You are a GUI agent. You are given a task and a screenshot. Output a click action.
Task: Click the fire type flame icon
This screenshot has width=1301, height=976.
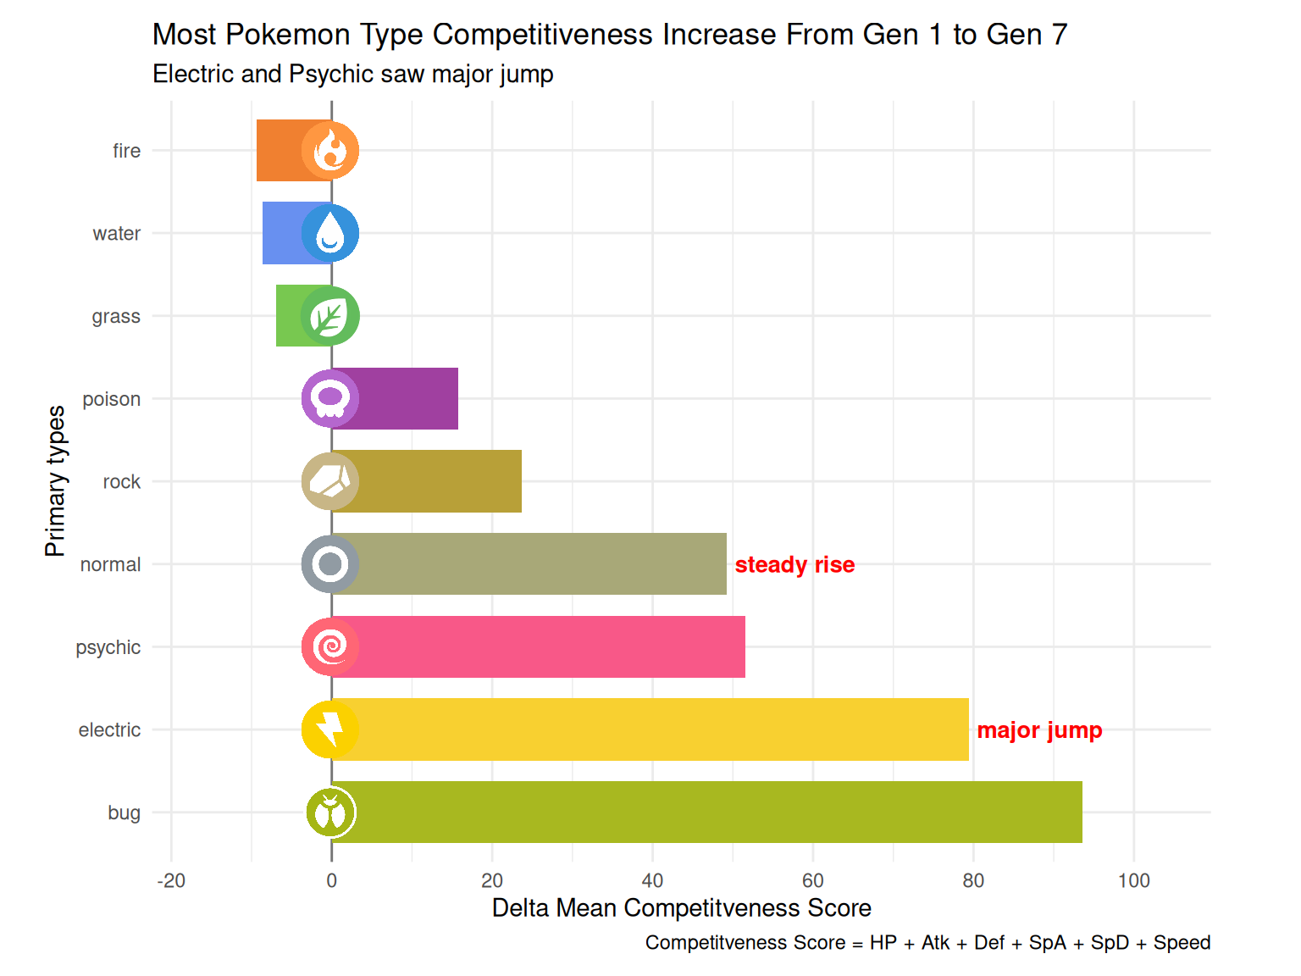point(330,151)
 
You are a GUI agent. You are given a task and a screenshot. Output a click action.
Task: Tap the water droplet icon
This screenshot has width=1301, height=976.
point(330,233)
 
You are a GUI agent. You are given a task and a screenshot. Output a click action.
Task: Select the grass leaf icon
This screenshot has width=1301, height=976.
point(330,316)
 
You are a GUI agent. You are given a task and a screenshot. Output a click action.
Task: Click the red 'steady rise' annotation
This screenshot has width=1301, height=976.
point(794,565)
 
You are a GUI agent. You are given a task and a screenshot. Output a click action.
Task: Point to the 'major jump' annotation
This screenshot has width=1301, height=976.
point(1039,730)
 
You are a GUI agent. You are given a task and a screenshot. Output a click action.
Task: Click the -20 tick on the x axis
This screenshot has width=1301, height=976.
point(171,881)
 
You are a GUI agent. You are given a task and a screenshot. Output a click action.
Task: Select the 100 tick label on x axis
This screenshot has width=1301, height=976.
point(1133,881)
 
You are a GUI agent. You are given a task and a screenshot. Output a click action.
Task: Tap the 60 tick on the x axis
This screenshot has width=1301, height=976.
point(812,881)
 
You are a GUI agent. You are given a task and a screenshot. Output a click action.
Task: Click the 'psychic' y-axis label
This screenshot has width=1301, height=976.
point(108,647)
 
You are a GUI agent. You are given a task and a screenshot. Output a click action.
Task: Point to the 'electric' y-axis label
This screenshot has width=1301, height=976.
point(109,730)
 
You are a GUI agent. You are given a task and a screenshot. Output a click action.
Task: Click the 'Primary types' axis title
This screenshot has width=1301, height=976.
point(55,481)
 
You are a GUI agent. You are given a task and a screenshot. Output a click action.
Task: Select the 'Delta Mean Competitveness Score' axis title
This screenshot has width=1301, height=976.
point(681,908)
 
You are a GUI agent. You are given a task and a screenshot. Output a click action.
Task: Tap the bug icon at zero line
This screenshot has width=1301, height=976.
point(330,812)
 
